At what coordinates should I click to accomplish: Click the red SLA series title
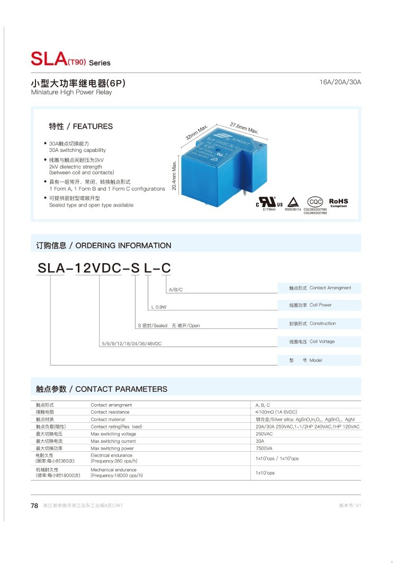coord(49,59)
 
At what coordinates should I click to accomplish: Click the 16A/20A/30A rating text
coord(340,83)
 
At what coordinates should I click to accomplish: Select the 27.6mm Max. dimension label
coord(244,128)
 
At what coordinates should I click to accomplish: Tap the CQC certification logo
coord(315,202)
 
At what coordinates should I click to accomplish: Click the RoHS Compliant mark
coord(338,202)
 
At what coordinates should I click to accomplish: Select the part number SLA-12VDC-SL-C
coord(104,269)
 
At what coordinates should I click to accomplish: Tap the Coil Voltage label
coord(322,342)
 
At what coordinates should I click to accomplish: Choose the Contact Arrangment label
coord(330,288)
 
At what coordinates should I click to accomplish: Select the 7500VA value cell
coord(265,448)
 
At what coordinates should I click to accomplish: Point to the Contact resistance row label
coord(110,412)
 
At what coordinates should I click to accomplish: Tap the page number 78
coord(34,506)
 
